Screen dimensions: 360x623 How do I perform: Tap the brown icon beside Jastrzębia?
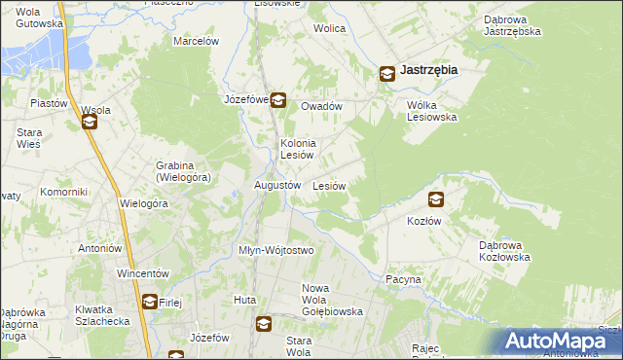[x=386, y=72]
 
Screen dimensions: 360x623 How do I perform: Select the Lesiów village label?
[x=329, y=185]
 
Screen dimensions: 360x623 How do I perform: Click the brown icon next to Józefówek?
[x=277, y=99]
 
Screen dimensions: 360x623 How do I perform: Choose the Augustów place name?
[x=276, y=185]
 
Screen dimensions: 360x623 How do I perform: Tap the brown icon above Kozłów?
[x=435, y=199]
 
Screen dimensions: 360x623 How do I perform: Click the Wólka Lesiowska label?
[x=431, y=111]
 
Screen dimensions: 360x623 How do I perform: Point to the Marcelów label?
[x=196, y=41]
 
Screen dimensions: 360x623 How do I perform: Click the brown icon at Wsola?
[x=90, y=123]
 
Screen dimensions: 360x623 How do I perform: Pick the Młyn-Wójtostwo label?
[x=276, y=250]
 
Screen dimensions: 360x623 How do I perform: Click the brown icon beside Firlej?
[x=149, y=302]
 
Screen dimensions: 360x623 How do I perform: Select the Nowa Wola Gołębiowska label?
[x=332, y=300]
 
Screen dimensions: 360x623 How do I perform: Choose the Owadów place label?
[x=321, y=106]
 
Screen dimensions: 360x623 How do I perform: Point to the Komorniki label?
[x=64, y=192]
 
